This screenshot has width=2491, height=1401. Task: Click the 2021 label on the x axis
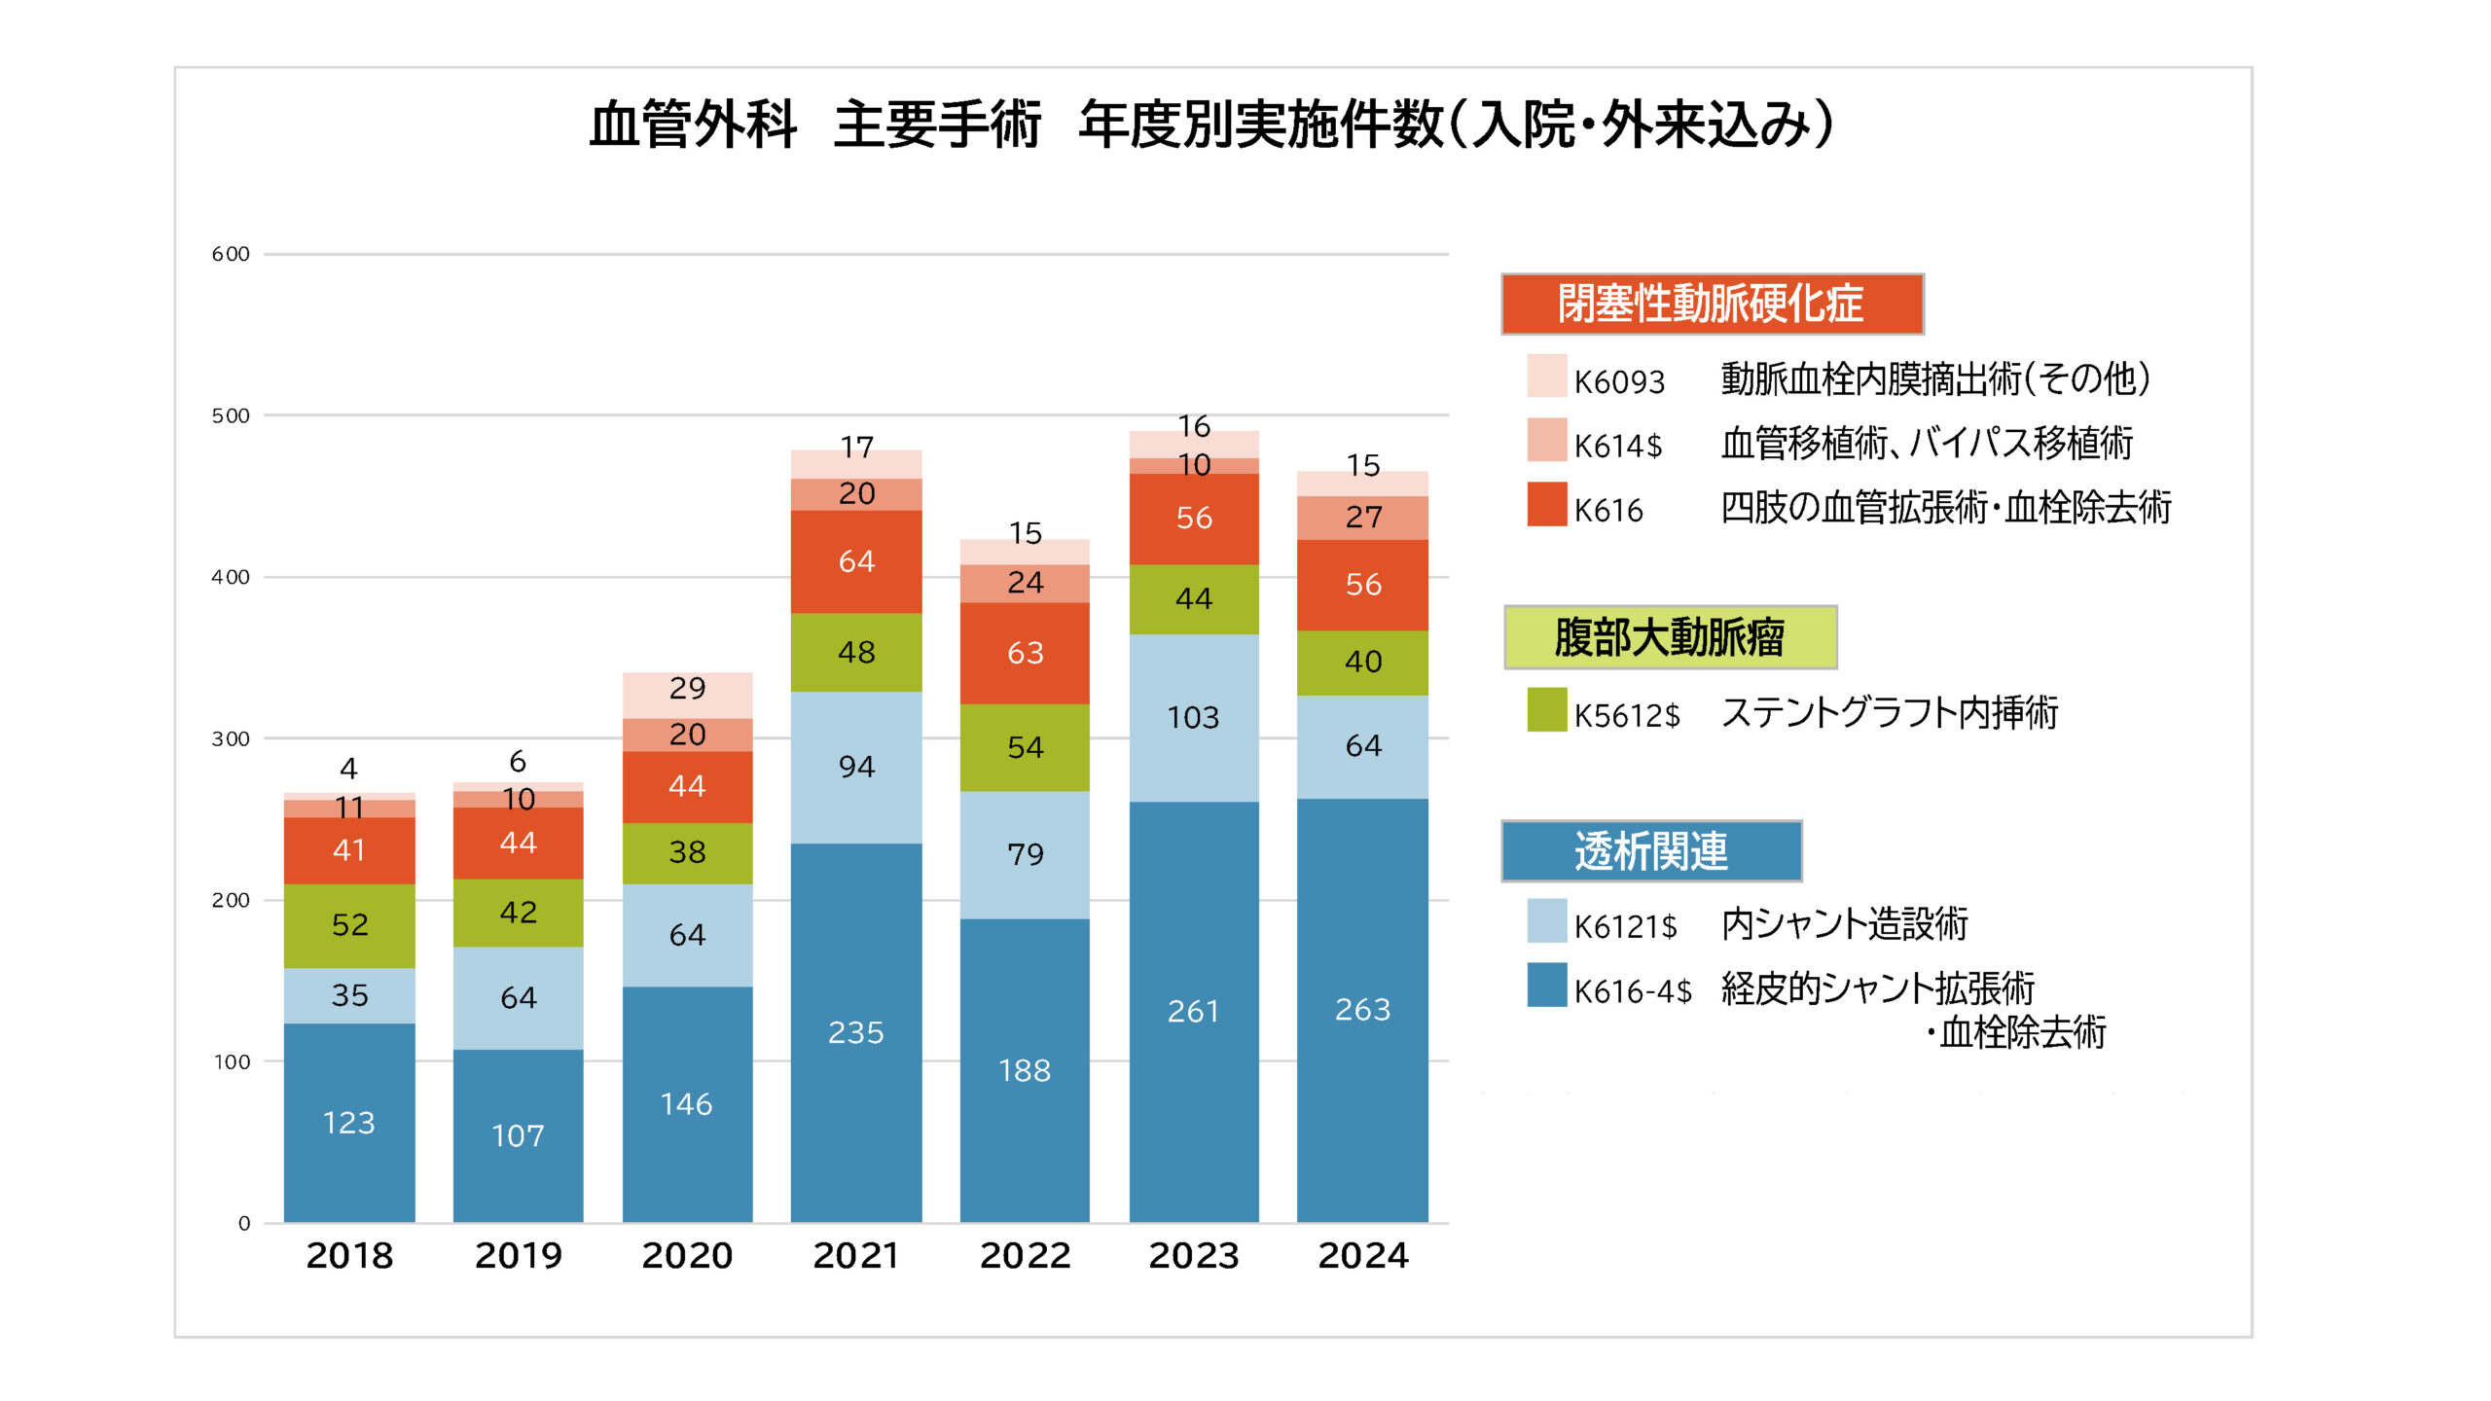(855, 1255)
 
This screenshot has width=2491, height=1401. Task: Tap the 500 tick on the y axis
(231, 416)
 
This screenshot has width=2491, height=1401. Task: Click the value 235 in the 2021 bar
(855, 1032)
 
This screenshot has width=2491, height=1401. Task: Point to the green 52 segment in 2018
(349, 925)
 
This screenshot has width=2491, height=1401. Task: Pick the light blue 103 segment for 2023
(1193, 718)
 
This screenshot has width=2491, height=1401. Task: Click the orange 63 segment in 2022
(1025, 653)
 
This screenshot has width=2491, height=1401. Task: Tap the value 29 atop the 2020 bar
(687, 689)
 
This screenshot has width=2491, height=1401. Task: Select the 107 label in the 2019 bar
(518, 1136)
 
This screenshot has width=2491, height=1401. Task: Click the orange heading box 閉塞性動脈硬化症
(1712, 304)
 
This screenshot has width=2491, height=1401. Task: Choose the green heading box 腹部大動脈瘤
(1670, 637)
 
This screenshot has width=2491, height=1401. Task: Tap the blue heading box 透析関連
(1651, 851)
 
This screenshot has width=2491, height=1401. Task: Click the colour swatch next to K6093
(1546, 377)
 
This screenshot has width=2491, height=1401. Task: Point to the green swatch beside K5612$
(1546, 709)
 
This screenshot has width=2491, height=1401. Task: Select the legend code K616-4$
(1633, 991)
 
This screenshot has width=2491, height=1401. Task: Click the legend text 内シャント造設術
(1845, 924)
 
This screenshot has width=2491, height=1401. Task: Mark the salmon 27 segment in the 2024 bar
(1362, 518)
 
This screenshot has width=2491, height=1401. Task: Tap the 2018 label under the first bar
(349, 1255)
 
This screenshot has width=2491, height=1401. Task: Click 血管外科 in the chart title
(693, 125)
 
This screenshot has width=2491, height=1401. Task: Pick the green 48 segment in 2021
(855, 652)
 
